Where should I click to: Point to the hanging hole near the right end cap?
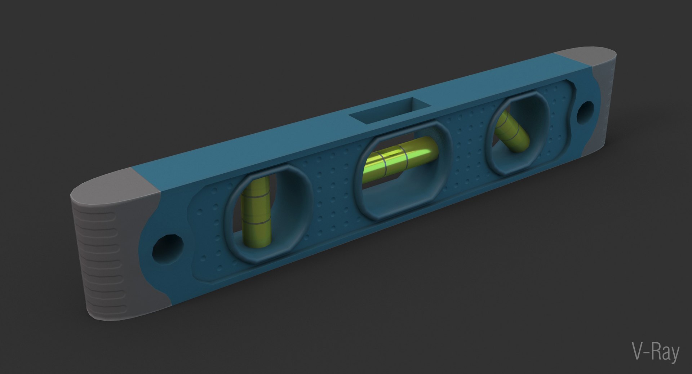[585, 111]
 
